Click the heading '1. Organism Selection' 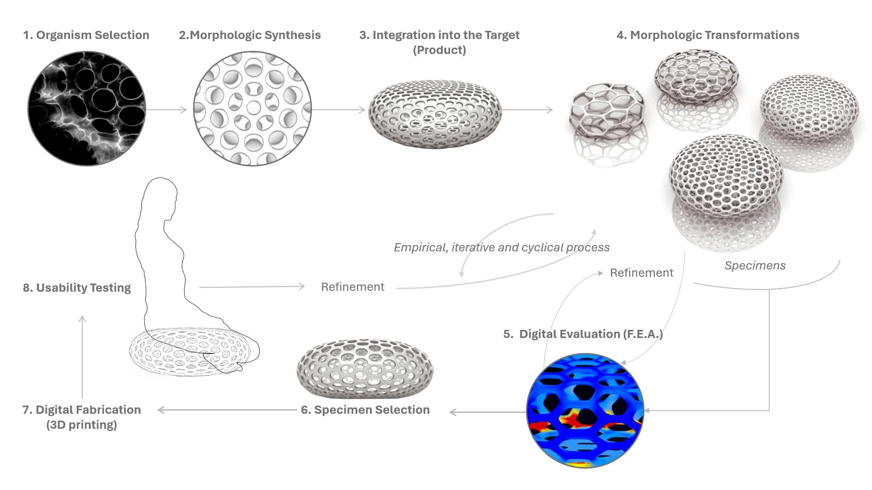(x=86, y=35)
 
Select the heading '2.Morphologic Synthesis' (x=250, y=35)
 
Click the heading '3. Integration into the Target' (x=439, y=35)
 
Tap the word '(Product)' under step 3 (x=439, y=50)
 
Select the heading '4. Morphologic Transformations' (x=708, y=35)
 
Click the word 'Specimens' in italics (x=755, y=265)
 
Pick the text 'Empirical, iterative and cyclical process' (x=501, y=247)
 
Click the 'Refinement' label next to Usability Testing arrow (x=352, y=287)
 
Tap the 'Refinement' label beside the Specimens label (x=641, y=273)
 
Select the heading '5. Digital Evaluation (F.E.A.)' (x=583, y=334)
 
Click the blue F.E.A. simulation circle (x=585, y=411)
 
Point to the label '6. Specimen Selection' (x=365, y=410)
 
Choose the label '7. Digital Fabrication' (x=82, y=410)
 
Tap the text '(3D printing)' (x=82, y=425)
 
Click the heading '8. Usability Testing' (x=77, y=288)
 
